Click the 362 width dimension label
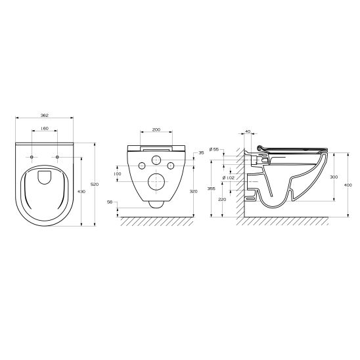(44, 115)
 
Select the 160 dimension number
(44, 129)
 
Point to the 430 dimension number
(81, 191)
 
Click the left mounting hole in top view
(32, 158)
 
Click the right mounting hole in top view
(57, 158)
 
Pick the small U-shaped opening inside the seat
(45, 176)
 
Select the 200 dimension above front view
(156, 130)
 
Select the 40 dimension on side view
(247, 131)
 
